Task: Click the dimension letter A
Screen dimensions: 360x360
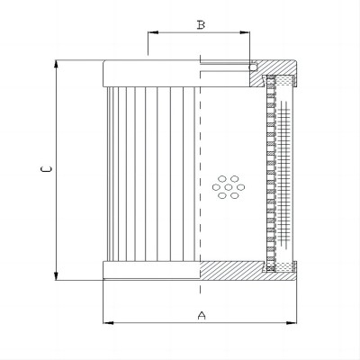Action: [x=202, y=315]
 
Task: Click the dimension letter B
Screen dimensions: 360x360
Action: [x=201, y=25]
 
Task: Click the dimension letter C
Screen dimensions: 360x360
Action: [x=46, y=169]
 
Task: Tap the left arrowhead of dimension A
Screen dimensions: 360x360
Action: [x=108, y=323]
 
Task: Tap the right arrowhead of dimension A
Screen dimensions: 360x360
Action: [x=292, y=323]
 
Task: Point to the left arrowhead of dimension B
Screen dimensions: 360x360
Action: [x=153, y=32]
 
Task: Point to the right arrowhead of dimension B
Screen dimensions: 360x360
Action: [x=245, y=32]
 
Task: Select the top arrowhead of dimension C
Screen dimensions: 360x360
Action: [x=56, y=65]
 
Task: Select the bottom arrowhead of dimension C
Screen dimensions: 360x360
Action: [x=56, y=275]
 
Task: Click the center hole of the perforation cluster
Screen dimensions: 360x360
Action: [x=229, y=187]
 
